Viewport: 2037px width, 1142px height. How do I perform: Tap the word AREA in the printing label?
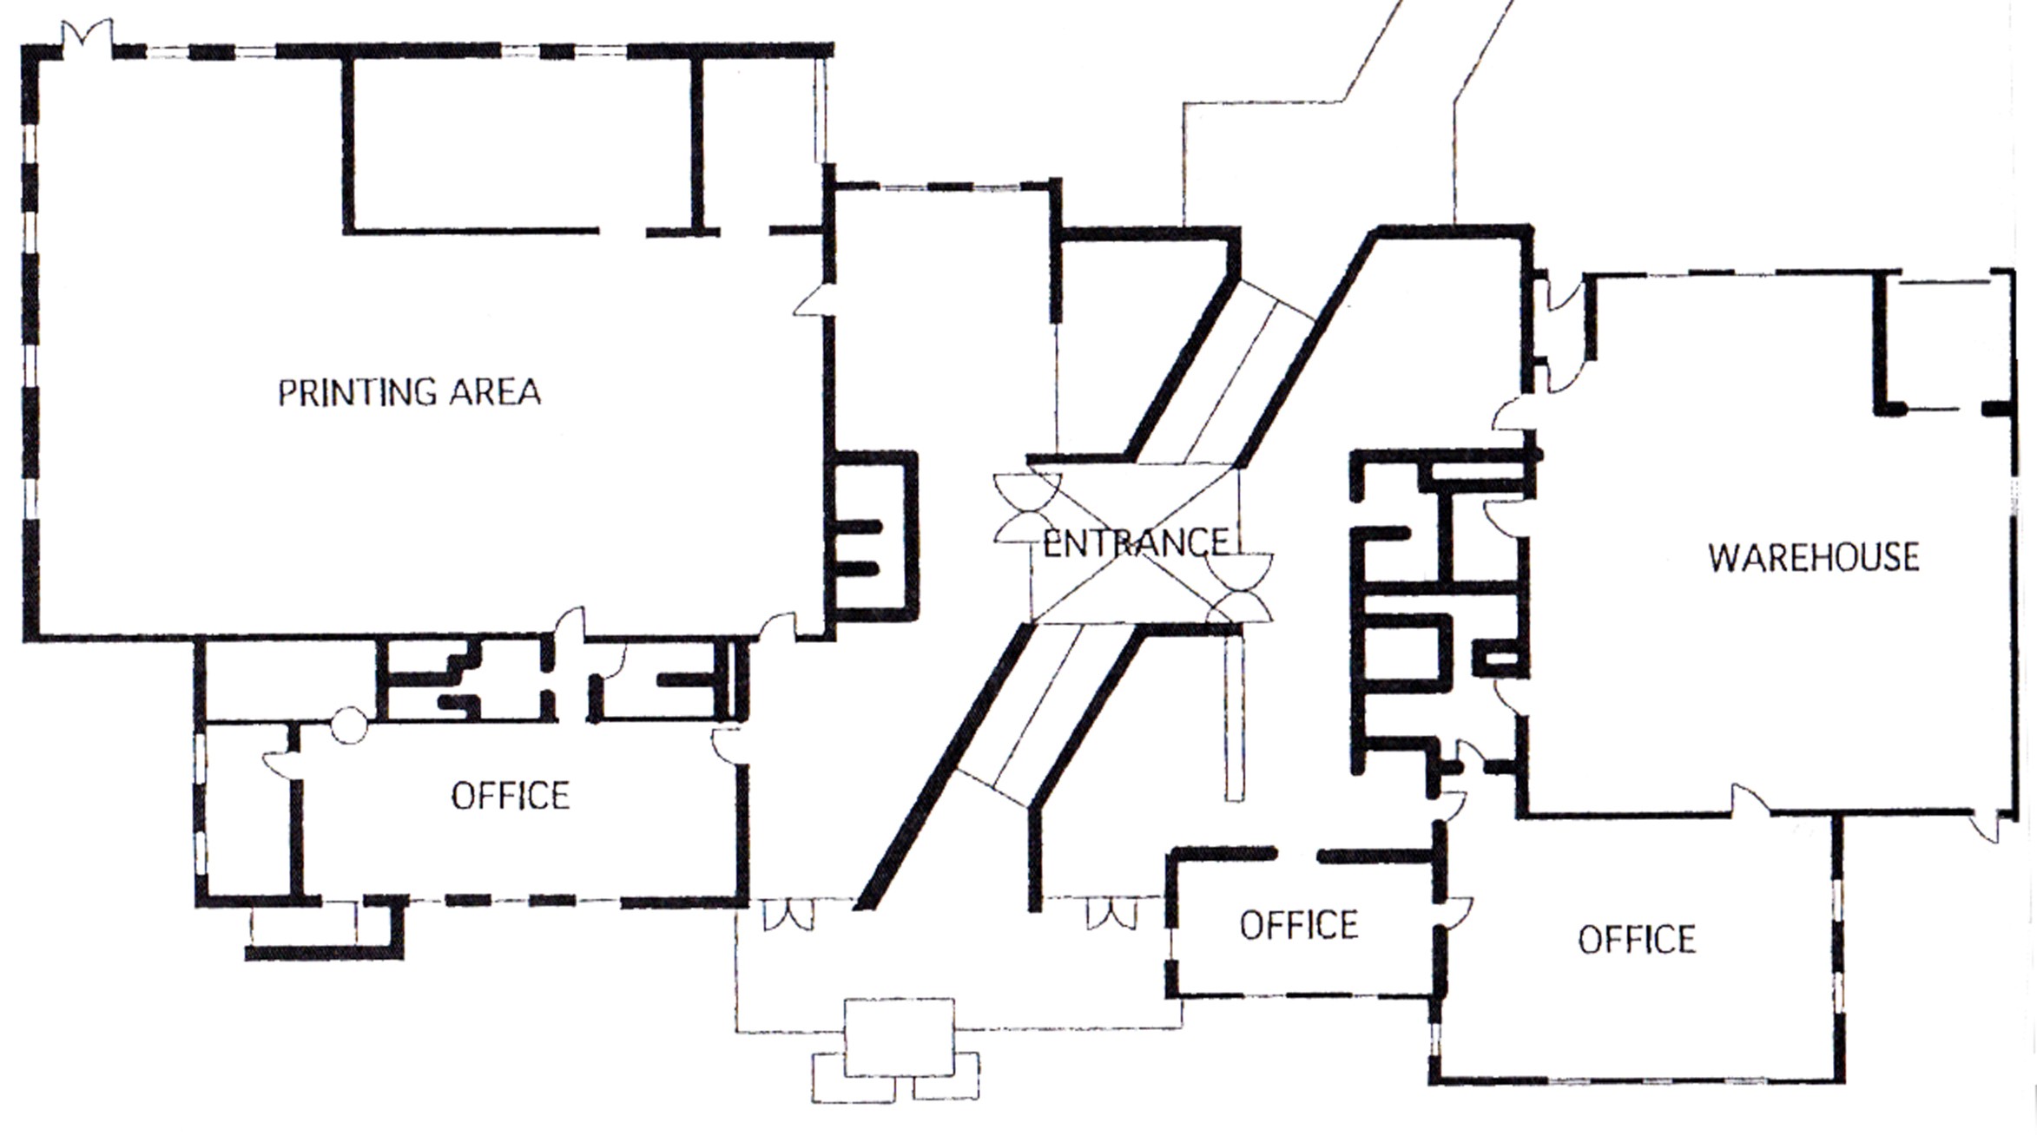pos(495,393)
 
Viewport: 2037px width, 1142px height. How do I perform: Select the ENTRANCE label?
pos(1136,544)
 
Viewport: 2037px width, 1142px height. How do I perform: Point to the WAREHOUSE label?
pos(1814,558)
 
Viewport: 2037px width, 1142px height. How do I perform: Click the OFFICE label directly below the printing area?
pos(511,796)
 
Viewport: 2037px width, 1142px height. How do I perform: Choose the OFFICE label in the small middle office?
pos(1299,926)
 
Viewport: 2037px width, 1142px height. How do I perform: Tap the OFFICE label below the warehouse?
pos(1637,940)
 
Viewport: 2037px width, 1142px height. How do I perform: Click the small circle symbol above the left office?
pos(350,726)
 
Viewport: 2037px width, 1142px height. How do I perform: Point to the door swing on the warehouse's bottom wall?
pos(1750,799)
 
